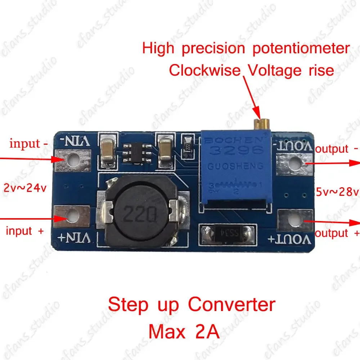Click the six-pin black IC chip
point(136,154)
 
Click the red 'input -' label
point(29,144)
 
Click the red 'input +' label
point(24,231)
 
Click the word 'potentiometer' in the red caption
point(301,49)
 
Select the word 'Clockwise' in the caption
point(204,70)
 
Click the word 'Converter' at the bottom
point(231,305)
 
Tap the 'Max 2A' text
point(184,332)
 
